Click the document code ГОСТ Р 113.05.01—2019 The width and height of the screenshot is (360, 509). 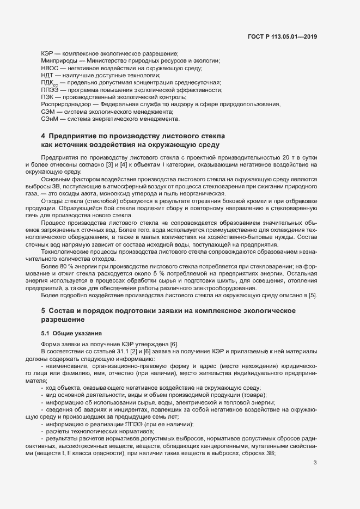pos(281,37)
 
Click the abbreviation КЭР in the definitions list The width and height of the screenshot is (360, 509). pos(47,54)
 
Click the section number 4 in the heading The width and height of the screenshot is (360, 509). pos(42,135)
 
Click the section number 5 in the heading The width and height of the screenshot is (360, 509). pos(42,310)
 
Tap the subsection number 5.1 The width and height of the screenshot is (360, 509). pos(46,332)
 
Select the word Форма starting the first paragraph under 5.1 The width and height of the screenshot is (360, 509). pos(50,345)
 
